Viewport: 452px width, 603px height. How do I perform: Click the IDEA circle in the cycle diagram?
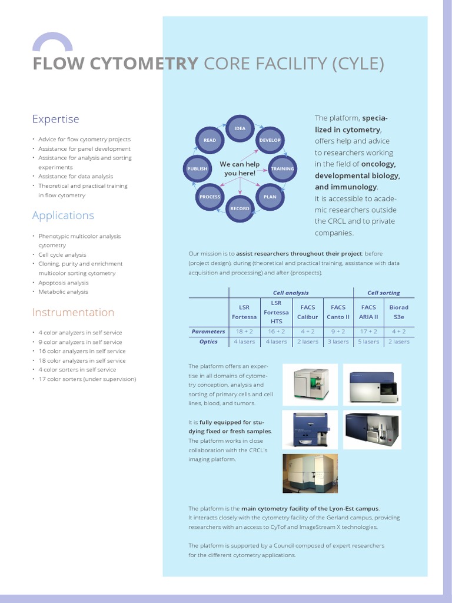(x=240, y=128)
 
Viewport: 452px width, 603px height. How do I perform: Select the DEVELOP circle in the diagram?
(x=270, y=140)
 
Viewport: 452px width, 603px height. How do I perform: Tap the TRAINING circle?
(x=282, y=168)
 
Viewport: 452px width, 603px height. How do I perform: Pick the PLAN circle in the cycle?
(x=270, y=197)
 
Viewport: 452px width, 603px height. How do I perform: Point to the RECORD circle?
(x=240, y=208)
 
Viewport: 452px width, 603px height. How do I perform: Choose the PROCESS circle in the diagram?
(x=210, y=197)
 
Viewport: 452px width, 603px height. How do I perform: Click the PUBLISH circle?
(x=197, y=168)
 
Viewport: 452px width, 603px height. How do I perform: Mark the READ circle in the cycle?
(x=210, y=140)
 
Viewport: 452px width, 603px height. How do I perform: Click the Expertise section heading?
(x=55, y=119)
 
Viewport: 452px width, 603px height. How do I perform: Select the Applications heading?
(x=63, y=215)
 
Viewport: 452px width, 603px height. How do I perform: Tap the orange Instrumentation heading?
(x=73, y=312)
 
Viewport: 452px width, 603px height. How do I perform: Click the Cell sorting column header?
(x=383, y=293)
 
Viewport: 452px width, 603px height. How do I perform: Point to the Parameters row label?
(x=208, y=332)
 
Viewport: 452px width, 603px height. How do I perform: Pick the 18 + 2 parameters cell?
(x=244, y=332)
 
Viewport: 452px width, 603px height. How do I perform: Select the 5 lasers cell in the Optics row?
(x=368, y=342)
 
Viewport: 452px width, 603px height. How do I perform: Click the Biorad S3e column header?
(x=398, y=312)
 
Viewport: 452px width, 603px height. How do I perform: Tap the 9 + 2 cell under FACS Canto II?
(x=338, y=332)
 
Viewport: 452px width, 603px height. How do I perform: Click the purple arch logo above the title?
(x=52, y=42)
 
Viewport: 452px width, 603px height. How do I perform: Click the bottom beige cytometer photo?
(x=310, y=473)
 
